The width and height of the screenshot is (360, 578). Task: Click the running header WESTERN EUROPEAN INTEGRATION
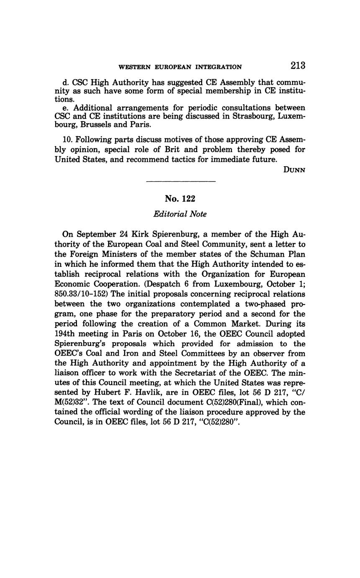(180, 67)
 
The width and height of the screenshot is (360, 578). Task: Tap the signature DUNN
(294, 170)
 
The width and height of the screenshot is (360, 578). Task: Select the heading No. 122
(180, 199)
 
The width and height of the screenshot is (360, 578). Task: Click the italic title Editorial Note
(180, 214)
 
